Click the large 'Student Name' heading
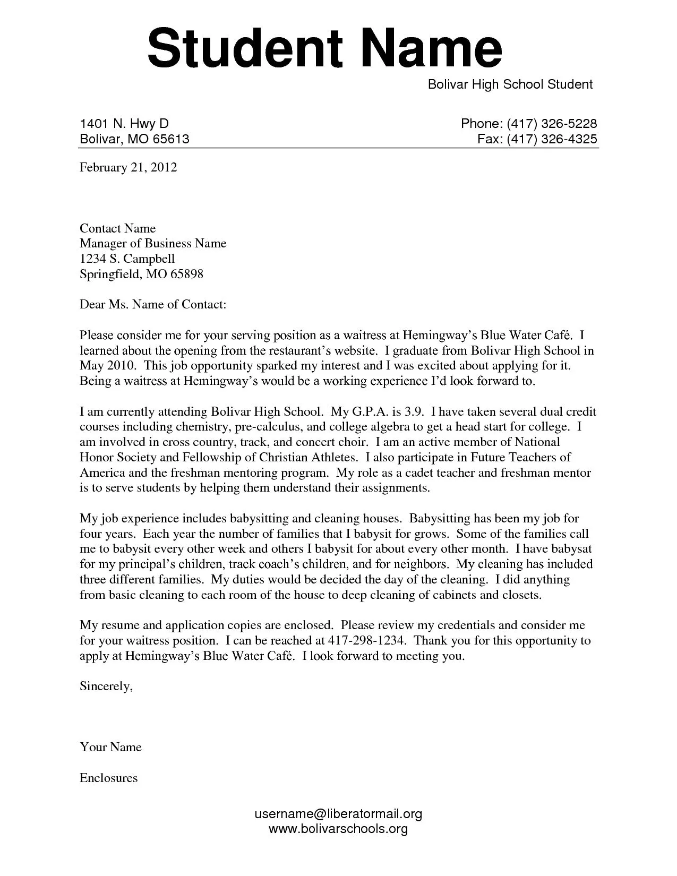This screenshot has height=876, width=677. [324, 49]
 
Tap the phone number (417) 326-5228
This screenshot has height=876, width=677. [552, 124]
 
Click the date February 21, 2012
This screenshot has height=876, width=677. [128, 168]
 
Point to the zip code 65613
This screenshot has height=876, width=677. [171, 139]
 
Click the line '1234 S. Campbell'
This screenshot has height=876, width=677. [127, 259]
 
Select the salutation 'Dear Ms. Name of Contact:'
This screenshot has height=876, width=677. [153, 305]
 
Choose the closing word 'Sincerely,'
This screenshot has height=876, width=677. [106, 686]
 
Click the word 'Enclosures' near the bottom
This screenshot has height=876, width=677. [108, 778]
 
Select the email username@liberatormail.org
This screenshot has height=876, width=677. [338, 814]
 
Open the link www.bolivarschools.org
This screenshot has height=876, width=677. [338, 829]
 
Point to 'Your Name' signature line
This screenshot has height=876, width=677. [110, 748]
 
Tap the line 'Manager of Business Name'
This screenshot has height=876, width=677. [153, 244]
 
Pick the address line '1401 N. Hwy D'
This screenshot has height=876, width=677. [124, 124]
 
